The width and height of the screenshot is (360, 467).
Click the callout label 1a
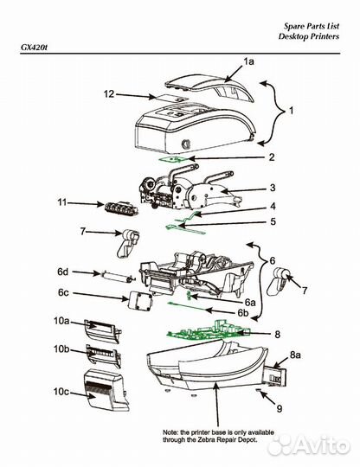click(248, 61)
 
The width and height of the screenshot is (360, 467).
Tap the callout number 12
click(109, 94)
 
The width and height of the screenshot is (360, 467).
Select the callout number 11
click(62, 202)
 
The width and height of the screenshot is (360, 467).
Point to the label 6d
click(63, 272)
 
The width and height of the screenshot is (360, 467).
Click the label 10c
click(61, 392)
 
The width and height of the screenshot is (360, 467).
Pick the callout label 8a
click(295, 355)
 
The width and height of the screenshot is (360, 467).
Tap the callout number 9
click(280, 408)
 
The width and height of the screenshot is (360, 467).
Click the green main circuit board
click(209, 330)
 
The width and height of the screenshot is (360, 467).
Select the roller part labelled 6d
click(117, 277)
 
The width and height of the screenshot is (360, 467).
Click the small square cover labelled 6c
click(140, 301)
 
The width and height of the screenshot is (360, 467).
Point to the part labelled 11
click(122, 208)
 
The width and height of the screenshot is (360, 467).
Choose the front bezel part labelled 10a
click(102, 330)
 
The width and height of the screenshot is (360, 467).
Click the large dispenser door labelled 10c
click(106, 389)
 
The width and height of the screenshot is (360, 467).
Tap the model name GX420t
click(34, 48)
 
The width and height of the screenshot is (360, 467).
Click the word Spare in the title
click(292, 26)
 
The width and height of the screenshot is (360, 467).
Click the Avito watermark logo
click(308, 445)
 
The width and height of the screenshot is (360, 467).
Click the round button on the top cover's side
click(186, 144)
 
